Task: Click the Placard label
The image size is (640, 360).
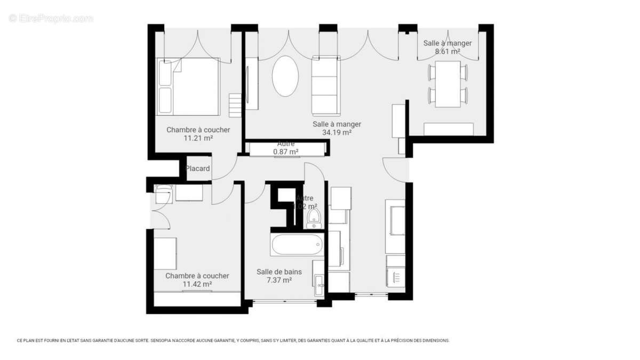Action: [x=197, y=169]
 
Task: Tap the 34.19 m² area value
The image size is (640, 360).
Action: [x=336, y=133]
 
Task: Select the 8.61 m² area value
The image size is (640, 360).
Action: [x=447, y=52]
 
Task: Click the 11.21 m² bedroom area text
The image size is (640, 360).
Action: [x=198, y=138]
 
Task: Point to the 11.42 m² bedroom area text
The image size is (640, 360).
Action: [x=197, y=284]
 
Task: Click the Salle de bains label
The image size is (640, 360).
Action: [x=279, y=272]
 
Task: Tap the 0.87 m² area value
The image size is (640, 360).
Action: [x=286, y=152]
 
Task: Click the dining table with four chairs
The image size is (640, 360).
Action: [x=447, y=84]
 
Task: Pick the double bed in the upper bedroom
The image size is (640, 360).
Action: [x=188, y=86]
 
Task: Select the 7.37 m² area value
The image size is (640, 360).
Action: [x=279, y=280]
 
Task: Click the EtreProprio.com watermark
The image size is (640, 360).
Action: [x=51, y=19]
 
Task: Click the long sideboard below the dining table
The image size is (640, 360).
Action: [x=449, y=129]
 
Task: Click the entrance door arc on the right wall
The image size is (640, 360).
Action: [x=395, y=170]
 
